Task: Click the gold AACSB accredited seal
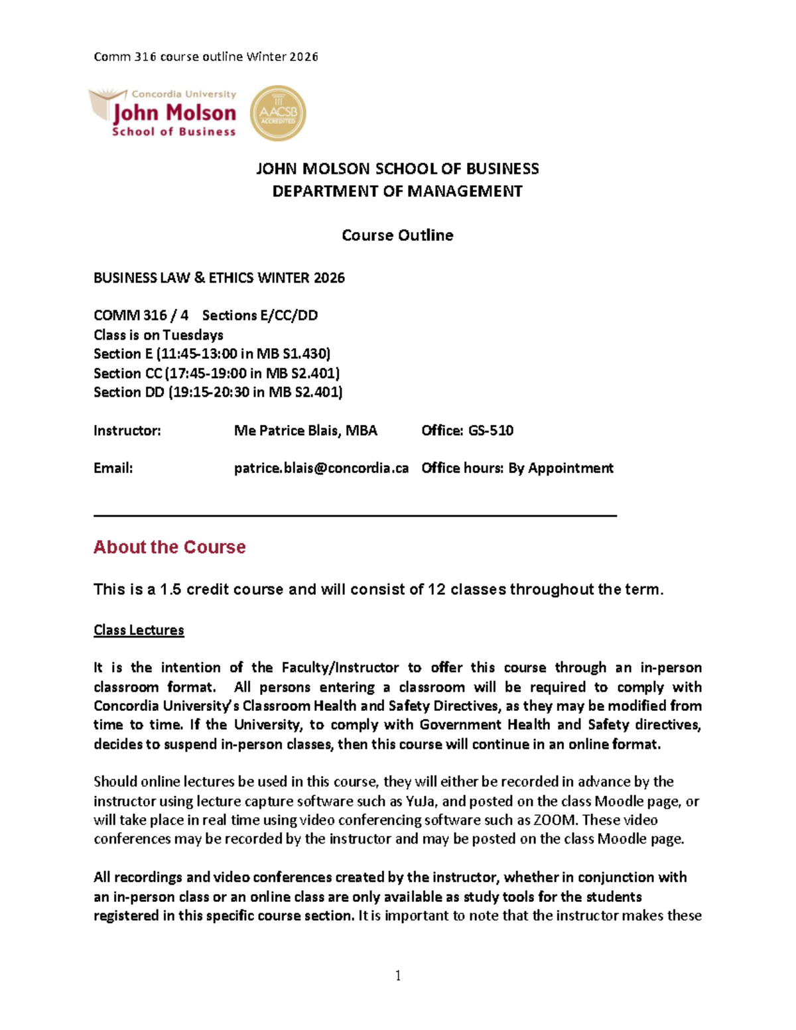click(x=278, y=113)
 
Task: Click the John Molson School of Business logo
click(x=164, y=113)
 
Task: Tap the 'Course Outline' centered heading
click(x=397, y=235)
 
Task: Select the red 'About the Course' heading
click(x=169, y=547)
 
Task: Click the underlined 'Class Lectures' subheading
click(x=139, y=630)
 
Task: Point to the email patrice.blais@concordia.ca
click(x=321, y=468)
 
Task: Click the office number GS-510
click(x=491, y=430)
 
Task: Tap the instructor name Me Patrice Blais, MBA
click(x=305, y=430)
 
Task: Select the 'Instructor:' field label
click(x=127, y=430)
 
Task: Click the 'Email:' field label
click(x=113, y=468)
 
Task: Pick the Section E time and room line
click(x=212, y=354)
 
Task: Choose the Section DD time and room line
click(x=218, y=392)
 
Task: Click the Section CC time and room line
click(x=216, y=373)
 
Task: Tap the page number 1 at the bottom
click(x=398, y=975)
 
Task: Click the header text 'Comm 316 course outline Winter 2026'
click(x=206, y=57)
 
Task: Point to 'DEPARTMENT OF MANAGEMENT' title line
click(x=397, y=192)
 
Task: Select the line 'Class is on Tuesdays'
click(x=158, y=335)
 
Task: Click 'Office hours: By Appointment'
click(x=517, y=468)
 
